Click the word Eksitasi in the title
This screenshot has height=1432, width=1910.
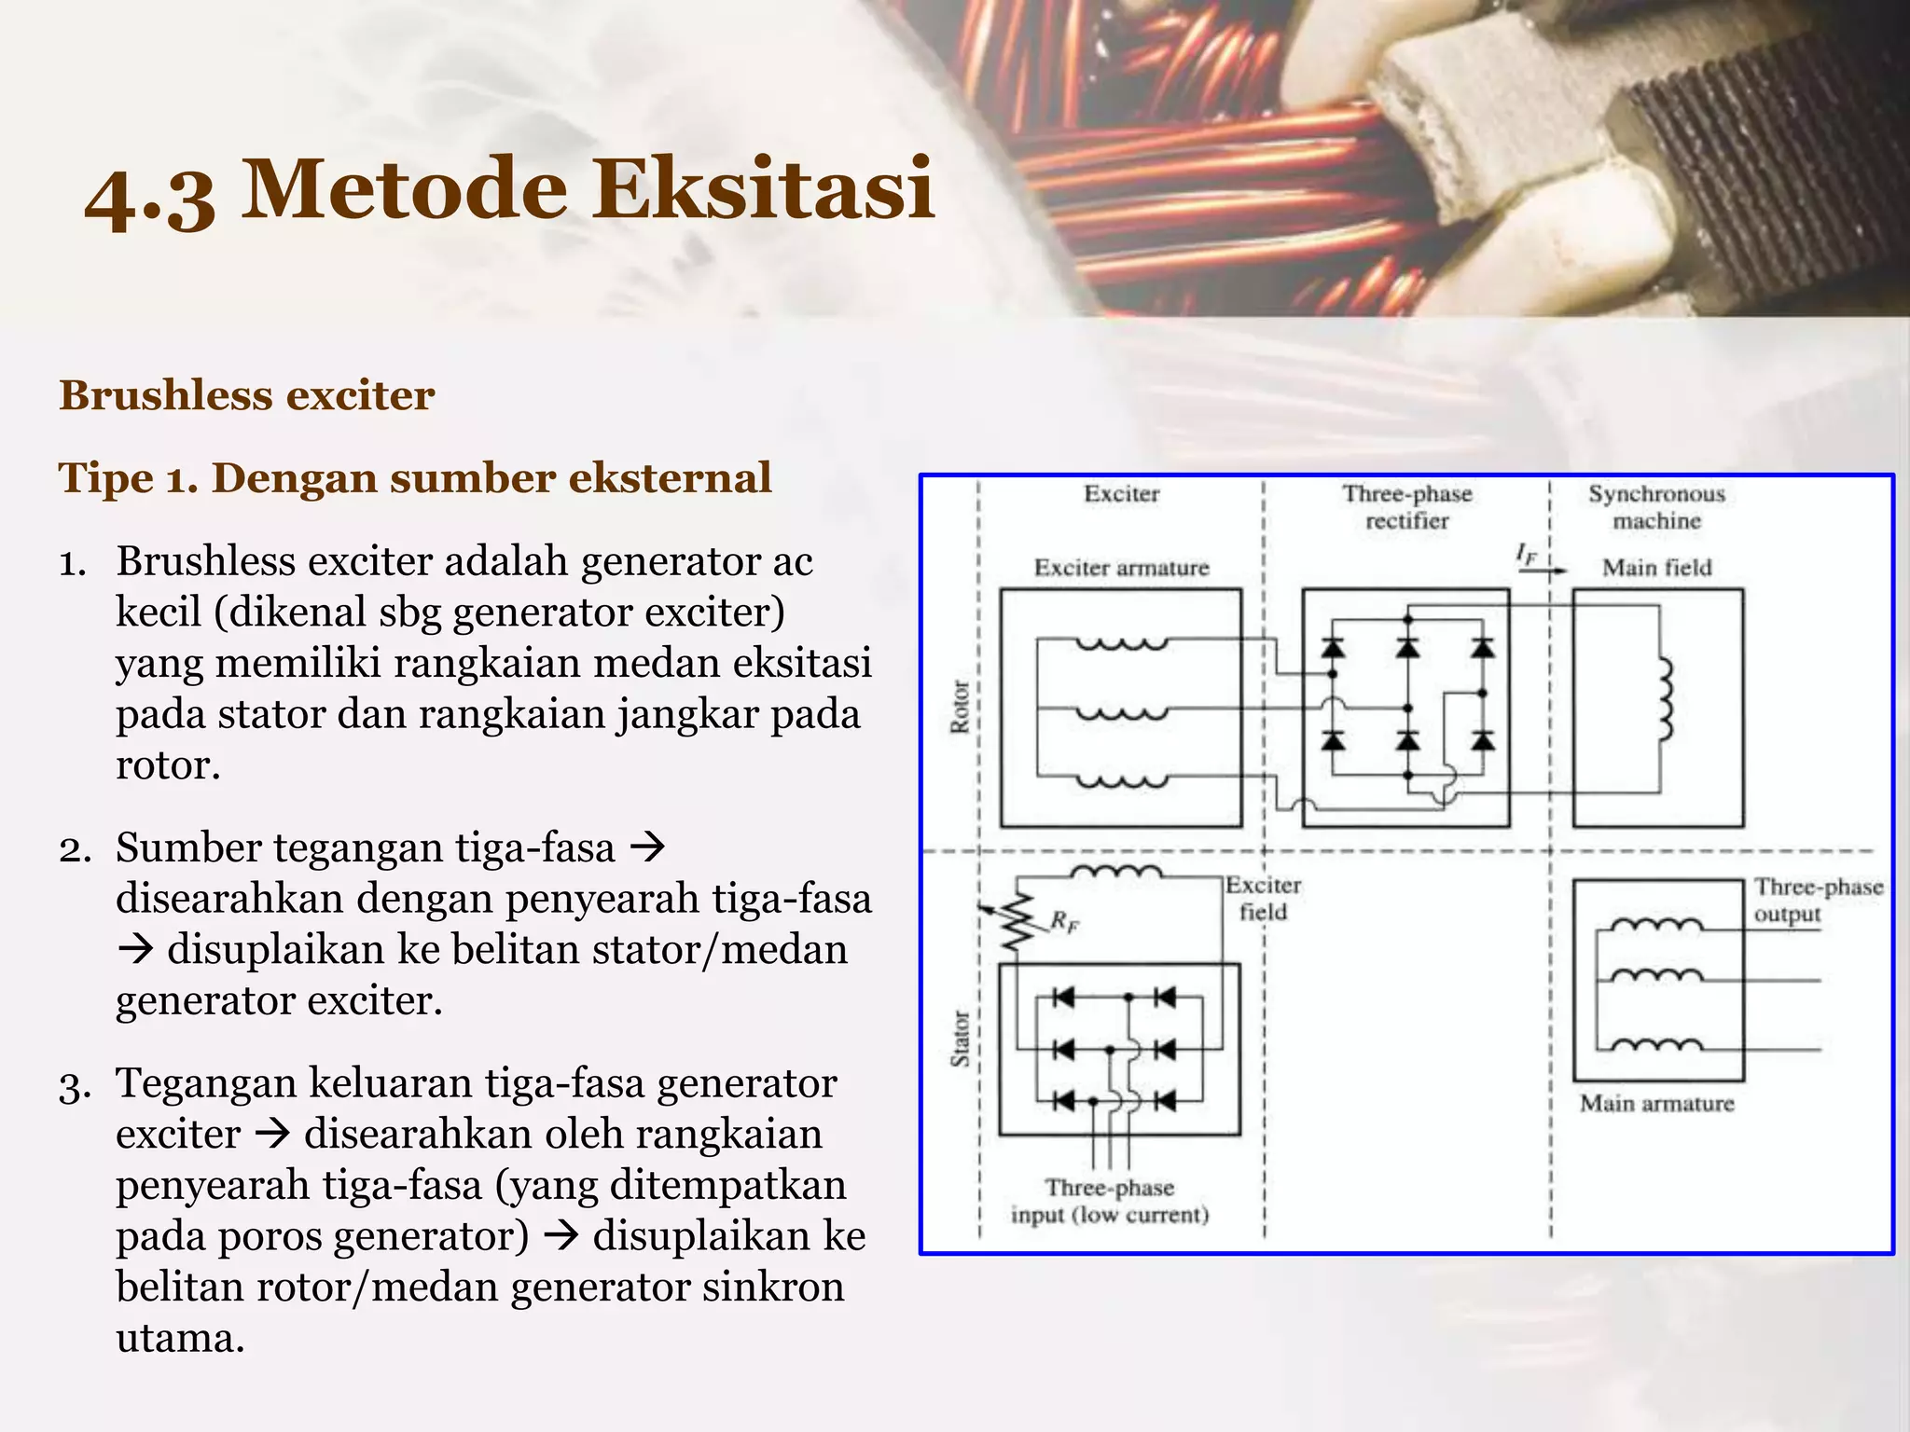tap(771, 190)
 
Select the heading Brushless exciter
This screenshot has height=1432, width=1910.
tap(247, 395)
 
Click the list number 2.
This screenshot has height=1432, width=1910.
tap(75, 849)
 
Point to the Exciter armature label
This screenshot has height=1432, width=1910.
tap(1121, 568)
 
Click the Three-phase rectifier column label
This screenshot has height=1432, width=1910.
tap(1407, 507)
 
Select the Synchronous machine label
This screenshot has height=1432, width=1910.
tap(1656, 507)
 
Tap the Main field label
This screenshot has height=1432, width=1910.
tap(1656, 568)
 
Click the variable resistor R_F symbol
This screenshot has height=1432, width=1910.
tap(1018, 921)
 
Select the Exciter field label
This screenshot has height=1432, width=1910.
tap(1263, 899)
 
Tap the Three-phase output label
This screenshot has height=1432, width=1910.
tap(1817, 900)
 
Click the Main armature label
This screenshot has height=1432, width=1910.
tap(1656, 1104)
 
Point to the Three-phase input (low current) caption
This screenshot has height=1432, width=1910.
tap(1110, 1202)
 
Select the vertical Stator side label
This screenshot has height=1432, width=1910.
tap(960, 1038)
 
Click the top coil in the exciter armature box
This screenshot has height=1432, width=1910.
tap(1122, 643)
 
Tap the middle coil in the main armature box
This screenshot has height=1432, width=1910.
tap(1657, 977)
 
